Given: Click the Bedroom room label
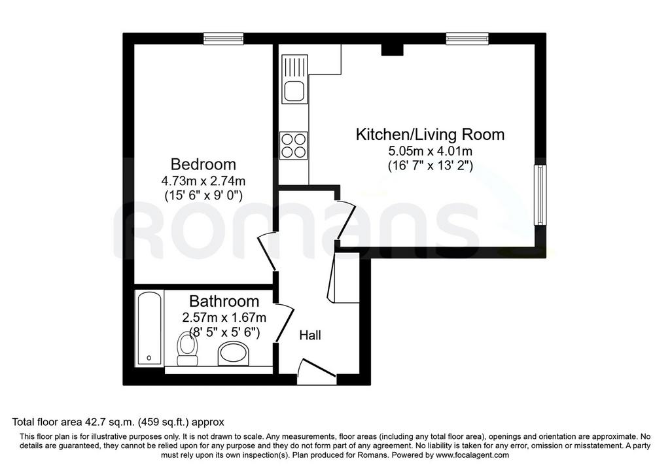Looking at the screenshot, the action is coord(203,164).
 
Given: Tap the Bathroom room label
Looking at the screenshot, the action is coord(224,302).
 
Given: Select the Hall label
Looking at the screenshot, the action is coord(309,336).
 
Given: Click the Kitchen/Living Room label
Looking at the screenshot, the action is coord(431,135).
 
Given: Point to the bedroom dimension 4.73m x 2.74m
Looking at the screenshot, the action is coord(203,181).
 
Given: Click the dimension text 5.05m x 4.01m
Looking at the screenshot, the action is coord(431,151).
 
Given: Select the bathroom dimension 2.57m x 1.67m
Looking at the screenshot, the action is coord(224,318).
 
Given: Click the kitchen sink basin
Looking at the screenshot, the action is coord(294,91).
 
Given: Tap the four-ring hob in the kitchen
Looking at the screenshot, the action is coord(293,145).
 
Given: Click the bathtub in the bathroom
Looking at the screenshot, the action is coord(149,328).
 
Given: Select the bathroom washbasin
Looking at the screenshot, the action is coord(235,355).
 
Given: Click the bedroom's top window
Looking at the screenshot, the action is coord(224,39).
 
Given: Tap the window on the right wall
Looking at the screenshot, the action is coord(540,195).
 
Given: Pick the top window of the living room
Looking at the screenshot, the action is coord(467,39).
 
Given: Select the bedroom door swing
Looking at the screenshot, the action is coord(267,252).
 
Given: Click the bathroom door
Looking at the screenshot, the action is coord(285,322).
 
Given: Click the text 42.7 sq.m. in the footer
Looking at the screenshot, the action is coord(108,423).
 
